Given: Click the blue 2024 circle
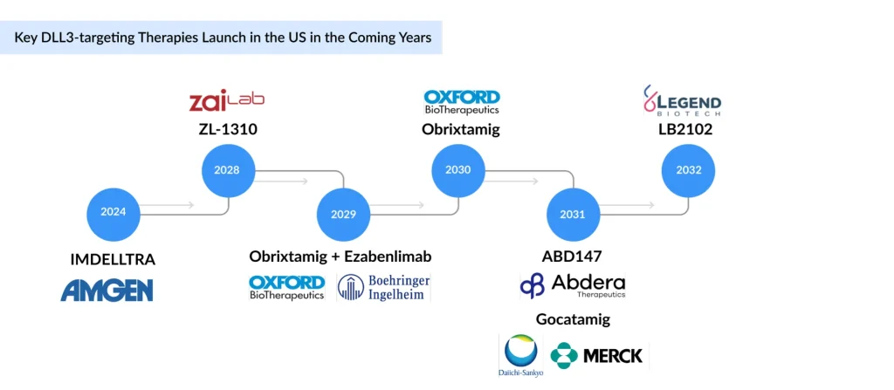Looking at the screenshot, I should (x=113, y=212).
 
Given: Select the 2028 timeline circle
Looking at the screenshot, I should (x=227, y=169).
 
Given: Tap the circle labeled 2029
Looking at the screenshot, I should (x=343, y=214).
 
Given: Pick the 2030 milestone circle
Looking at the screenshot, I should (x=458, y=169).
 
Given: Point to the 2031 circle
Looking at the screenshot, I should (x=572, y=214).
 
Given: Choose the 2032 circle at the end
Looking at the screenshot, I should (x=688, y=169).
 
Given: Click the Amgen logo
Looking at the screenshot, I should (x=107, y=290).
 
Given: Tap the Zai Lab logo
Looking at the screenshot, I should (x=227, y=101).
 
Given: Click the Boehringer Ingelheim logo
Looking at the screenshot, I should (x=384, y=288).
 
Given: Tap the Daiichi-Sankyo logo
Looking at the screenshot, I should (x=520, y=356).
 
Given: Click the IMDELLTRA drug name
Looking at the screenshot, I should (x=113, y=259).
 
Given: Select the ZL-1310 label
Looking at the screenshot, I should (x=228, y=130).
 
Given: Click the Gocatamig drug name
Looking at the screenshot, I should (x=573, y=319).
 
